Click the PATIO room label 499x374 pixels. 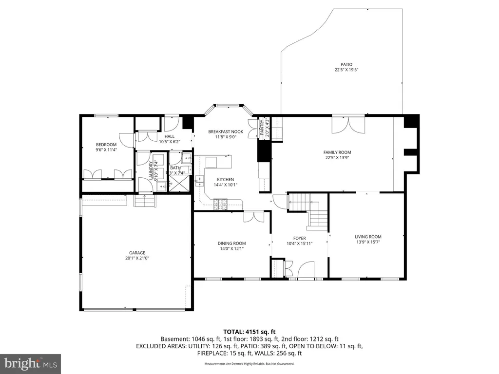(x=346, y=64)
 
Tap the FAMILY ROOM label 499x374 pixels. (x=337, y=152)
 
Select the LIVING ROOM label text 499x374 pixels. (x=368, y=237)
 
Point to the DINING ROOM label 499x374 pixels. (x=231, y=243)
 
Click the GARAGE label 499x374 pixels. (x=137, y=253)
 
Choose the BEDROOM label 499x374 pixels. (x=106, y=145)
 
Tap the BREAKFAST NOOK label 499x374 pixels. (x=225, y=131)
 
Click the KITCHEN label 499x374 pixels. (x=225, y=180)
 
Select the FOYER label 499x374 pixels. (x=299, y=238)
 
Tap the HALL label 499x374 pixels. (x=169, y=136)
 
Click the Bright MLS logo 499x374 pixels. (x=31, y=363)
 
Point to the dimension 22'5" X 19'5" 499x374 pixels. (x=346, y=70)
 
